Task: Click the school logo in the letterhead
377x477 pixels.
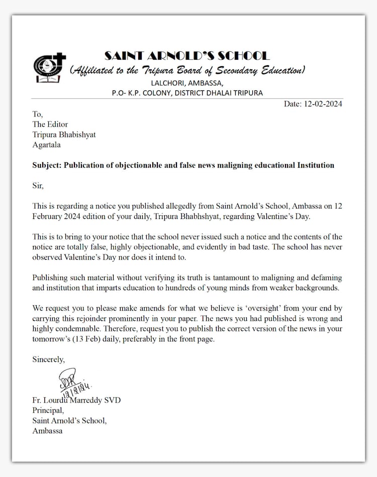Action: click(50, 68)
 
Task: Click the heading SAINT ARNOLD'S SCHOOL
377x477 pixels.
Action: click(187, 56)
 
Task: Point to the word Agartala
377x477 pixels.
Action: click(47, 145)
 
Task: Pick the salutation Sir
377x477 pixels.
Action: click(38, 186)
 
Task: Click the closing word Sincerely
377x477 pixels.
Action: click(49, 359)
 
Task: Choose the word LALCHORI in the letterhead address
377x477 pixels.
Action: click(166, 83)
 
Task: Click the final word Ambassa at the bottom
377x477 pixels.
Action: click(47, 431)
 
